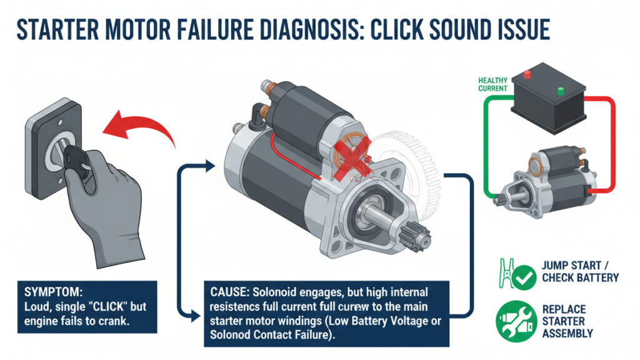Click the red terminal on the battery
(526, 76)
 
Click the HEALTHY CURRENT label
(492, 85)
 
